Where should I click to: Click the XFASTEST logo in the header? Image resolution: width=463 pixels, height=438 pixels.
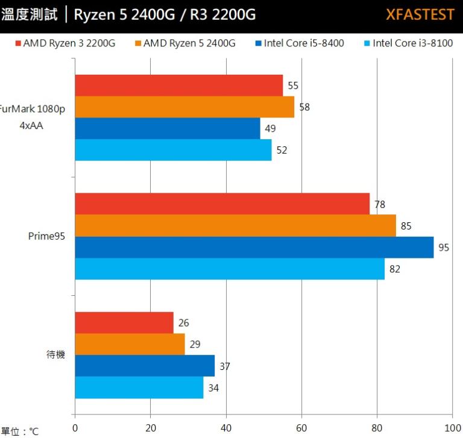tap(420, 14)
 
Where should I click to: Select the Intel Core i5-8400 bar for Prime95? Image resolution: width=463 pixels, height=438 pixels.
tap(254, 247)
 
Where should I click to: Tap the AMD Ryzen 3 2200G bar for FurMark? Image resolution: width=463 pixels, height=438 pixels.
tap(178, 86)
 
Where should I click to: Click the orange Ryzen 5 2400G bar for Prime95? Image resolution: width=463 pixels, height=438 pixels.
tap(235, 226)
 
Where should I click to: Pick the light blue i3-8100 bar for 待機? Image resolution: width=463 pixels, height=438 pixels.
tap(139, 387)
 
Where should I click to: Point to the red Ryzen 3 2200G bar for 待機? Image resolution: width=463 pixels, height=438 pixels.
tap(124, 322)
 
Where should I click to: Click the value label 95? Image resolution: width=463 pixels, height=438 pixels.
tap(443, 248)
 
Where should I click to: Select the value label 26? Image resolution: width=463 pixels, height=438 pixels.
tap(183, 323)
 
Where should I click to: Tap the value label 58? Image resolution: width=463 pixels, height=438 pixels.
tap(304, 107)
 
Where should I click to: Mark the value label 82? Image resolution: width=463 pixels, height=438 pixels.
tap(394, 269)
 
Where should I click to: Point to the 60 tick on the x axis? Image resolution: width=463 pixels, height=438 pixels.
tap(301, 428)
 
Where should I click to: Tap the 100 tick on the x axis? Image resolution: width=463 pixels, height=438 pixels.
tap(452, 428)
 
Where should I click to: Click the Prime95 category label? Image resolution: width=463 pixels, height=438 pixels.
tap(46, 236)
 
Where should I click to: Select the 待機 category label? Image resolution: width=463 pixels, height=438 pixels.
tap(55, 355)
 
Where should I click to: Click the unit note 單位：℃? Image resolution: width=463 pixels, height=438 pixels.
tap(19, 431)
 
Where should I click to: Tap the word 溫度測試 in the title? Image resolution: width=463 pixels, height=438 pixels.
tap(30, 14)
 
